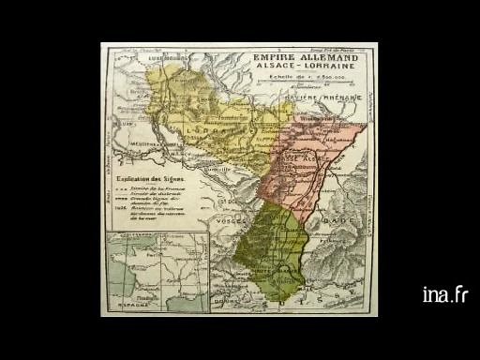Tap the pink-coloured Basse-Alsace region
click(x=309, y=159)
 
